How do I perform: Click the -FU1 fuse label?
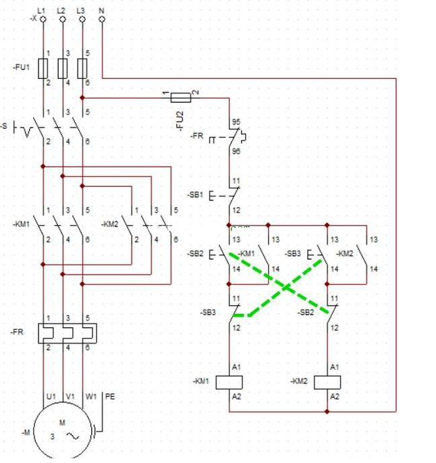pos(21,67)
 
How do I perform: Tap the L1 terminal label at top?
pos(42,10)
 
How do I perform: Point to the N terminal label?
pos(101,10)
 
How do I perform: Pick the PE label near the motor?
pos(110,397)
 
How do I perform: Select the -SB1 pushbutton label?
pos(196,195)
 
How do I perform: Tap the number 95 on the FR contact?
pos(236,123)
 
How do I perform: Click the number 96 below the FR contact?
pos(236,152)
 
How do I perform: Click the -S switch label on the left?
pos(5,126)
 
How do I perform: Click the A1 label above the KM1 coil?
pos(237,366)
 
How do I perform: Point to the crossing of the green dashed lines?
pos(286,287)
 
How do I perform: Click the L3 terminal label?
pos(81,10)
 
